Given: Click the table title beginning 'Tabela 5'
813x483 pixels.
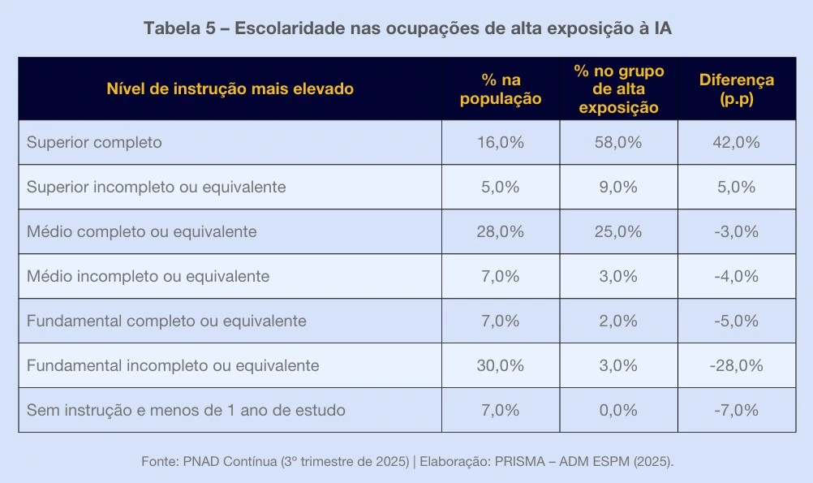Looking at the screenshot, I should (407, 28).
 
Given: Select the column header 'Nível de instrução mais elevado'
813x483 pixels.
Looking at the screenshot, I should (230, 89).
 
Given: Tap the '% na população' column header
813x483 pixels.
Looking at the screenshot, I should (501, 89).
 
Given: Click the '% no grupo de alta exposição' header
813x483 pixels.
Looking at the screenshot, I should (618, 89).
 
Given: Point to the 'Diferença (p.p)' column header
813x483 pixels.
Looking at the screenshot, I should (737, 89).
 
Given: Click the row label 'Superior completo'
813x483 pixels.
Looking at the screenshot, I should (94, 143).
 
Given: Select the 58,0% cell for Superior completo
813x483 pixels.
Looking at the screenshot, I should (618, 143).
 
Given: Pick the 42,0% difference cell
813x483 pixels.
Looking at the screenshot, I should (737, 143).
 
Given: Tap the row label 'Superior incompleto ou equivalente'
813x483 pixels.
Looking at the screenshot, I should (156, 188).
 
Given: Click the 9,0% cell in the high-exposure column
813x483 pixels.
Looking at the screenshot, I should (618, 188).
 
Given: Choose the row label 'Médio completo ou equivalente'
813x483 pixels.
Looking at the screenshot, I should (141, 232).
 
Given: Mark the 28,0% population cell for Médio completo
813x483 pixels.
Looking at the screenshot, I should (501, 232).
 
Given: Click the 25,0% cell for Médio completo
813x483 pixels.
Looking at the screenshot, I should (618, 232).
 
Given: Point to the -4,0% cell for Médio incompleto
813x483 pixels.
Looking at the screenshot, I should (737, 277).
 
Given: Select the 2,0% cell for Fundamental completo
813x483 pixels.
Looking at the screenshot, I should (618, 321).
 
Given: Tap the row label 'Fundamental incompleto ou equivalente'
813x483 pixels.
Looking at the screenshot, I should (173, 366).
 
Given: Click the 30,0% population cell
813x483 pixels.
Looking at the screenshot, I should (501, 366).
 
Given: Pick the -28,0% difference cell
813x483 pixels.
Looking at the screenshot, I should (737, 366).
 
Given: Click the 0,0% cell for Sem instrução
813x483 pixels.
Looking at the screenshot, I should (618, 411).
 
